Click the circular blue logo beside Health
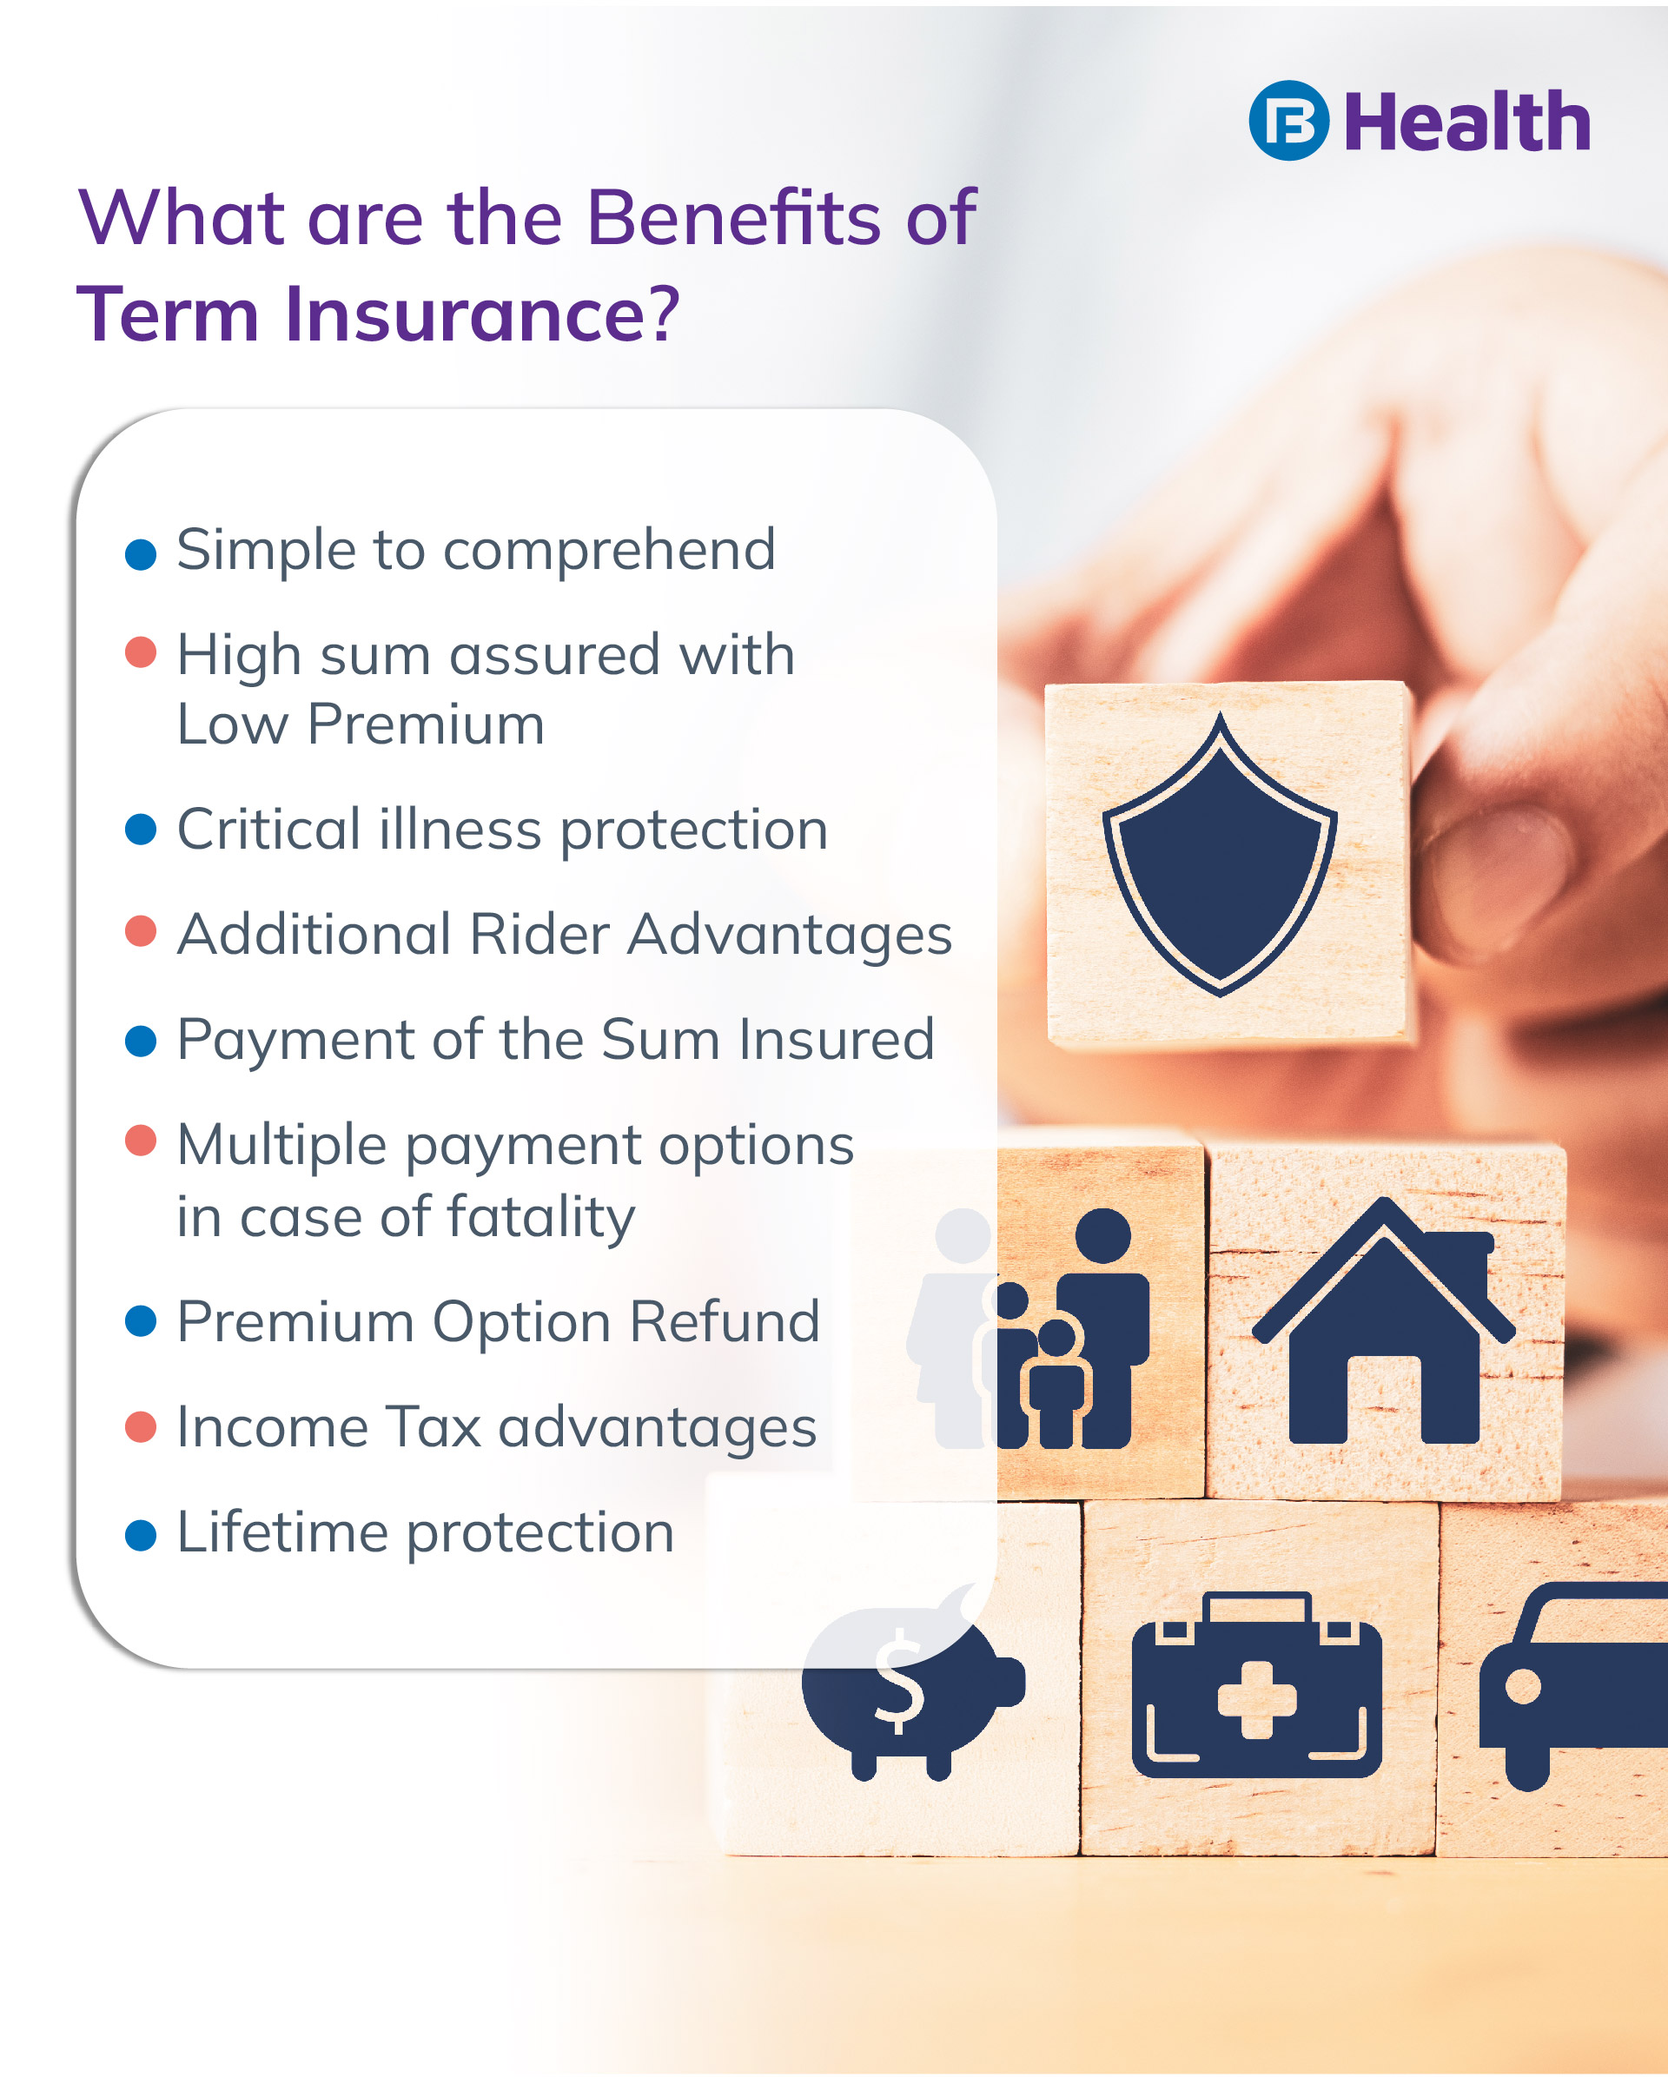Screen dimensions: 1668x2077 click(x=1288, y=121)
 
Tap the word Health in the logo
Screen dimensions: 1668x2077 click(x=1466, y=122)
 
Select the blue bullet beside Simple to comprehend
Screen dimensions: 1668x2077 click(x=141, y=554)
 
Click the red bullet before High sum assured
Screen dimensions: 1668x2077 click(x=141, y=652)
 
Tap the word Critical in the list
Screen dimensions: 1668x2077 click(x=268, y=829)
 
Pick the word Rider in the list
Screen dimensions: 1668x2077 click(x=539, y=934)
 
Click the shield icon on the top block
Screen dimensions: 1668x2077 click(x=1220, y=855)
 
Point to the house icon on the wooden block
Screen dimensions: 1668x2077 click(x=1384, y=1322)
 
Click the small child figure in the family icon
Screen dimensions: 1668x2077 click(x=1057, y=1384)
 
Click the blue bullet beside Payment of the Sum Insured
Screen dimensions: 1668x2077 click(x=141, y=1042)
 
